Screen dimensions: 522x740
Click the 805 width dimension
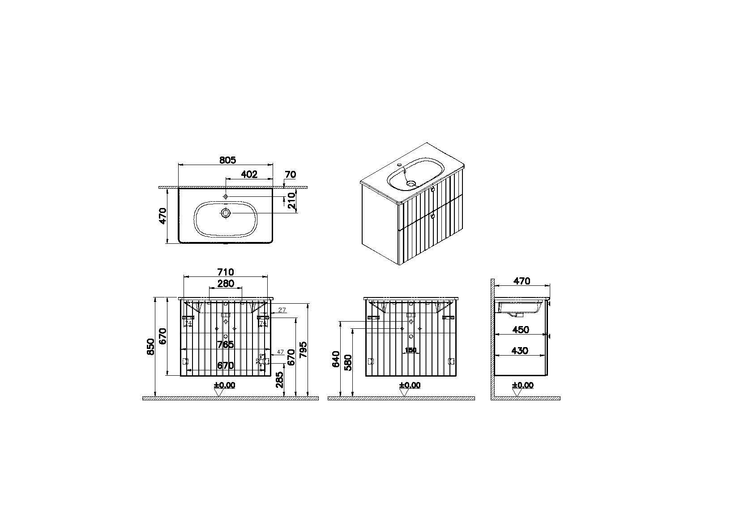227,160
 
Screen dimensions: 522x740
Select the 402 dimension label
249,174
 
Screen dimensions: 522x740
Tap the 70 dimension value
291,174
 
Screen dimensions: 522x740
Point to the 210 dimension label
291,201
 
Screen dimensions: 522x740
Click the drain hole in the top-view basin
225,214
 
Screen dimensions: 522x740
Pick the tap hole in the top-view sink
226,197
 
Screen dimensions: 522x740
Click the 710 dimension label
226,272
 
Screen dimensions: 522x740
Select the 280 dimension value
226,283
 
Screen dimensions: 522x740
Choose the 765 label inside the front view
225,344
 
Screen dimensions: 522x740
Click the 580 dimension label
349,363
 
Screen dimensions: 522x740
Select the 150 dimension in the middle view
411,350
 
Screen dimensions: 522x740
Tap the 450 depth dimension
520,330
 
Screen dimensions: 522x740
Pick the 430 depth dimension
519,351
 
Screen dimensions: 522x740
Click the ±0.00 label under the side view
523,385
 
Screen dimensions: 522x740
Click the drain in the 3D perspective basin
411,182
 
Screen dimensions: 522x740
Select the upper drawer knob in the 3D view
432,190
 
